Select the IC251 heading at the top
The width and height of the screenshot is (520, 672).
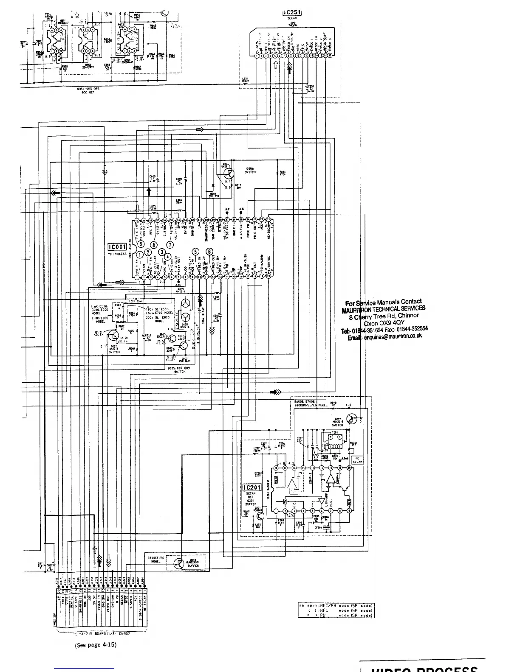tap(292, 13)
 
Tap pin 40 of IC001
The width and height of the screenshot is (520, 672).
tap(137, 221)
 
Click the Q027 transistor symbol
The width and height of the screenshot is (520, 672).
tap(351, 419)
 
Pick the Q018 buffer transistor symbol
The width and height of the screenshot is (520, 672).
tap(181, 564)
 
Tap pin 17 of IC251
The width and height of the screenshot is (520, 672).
tap(330, 56)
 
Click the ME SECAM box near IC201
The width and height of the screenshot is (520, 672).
tap(357, 460)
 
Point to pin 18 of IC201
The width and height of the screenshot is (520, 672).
tap(276, 468)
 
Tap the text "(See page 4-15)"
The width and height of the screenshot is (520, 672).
tap(95, 644)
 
